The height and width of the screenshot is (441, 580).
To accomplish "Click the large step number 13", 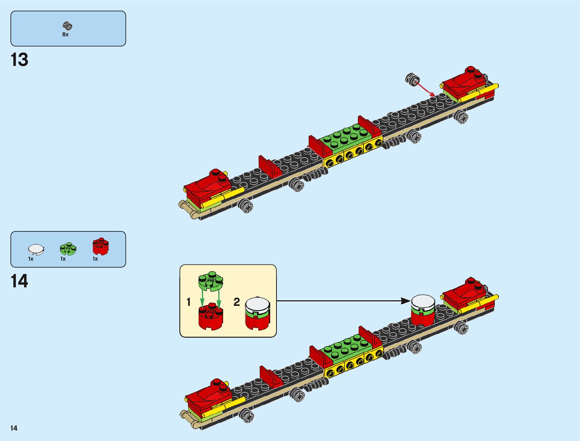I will click(x=20, y=60).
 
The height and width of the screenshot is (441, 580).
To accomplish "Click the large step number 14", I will click(x=20, y=281).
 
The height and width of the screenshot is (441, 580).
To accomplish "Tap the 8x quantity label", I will click(x=65, y=34).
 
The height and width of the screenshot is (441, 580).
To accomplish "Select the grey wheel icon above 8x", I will click(x=67, y=26).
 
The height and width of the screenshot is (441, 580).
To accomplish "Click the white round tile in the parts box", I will click(x=36, y=249).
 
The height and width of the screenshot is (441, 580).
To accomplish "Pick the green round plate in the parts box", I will click(x=68, y=248).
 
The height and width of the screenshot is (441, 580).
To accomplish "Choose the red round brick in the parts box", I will click(x=100, y=246).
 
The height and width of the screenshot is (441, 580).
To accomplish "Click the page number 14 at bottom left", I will click(x=14, y=428).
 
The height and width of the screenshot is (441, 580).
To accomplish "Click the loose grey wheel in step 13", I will click(x=412, y=79).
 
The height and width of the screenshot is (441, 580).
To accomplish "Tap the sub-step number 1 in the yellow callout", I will click(x=189, y=303).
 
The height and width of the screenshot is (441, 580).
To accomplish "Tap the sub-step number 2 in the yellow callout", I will click(x=236, y=302).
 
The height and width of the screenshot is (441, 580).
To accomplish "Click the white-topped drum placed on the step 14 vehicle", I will click(x=423, y=310).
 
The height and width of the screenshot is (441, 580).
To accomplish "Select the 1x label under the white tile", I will click(x=31, y=259).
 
